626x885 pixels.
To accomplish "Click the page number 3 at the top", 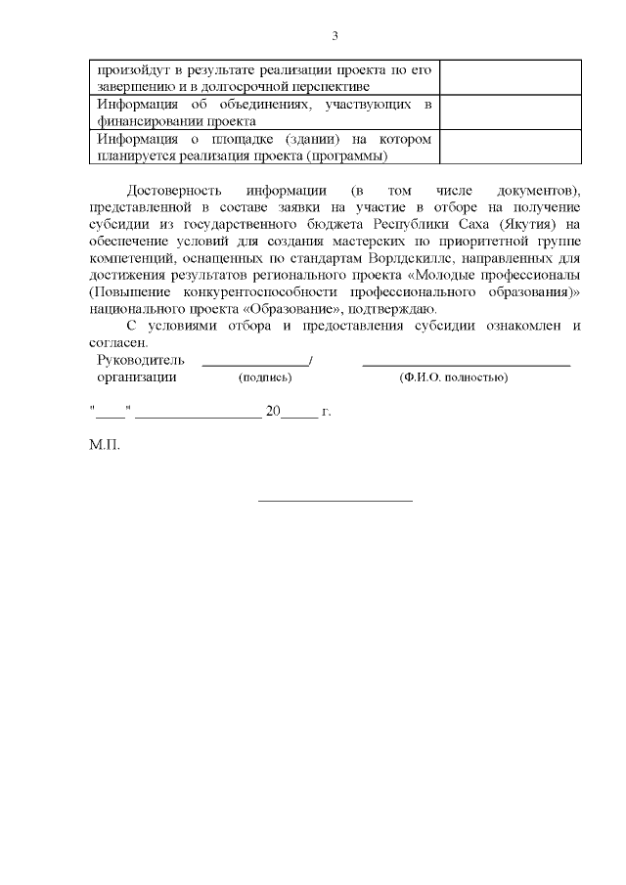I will click(x=335, y=36).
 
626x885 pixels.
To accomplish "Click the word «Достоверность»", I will click(x=167, y=189).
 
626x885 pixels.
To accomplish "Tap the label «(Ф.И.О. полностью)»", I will click(x=452, y=377).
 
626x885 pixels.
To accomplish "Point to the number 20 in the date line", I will click(x=273, y=412).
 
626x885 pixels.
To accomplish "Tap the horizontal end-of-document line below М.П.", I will click(x=335, y=502).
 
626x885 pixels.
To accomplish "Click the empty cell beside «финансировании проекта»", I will click(x=510, y=112).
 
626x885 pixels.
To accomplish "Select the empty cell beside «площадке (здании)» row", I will click(x=510, y=147).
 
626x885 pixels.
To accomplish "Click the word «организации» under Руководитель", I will click(x=137, y=376).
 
